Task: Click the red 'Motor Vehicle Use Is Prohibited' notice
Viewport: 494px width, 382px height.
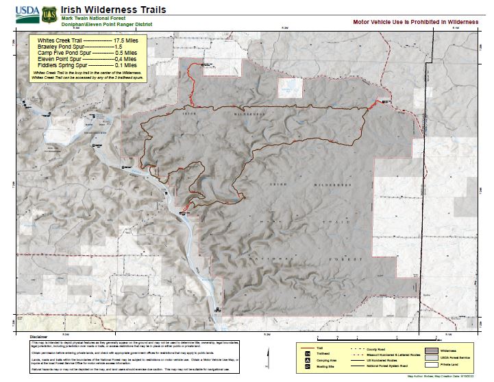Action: click(415, 22)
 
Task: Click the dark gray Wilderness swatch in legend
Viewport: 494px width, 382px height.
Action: click(431, 349)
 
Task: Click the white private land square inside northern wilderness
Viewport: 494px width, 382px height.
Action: click(288, 87)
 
